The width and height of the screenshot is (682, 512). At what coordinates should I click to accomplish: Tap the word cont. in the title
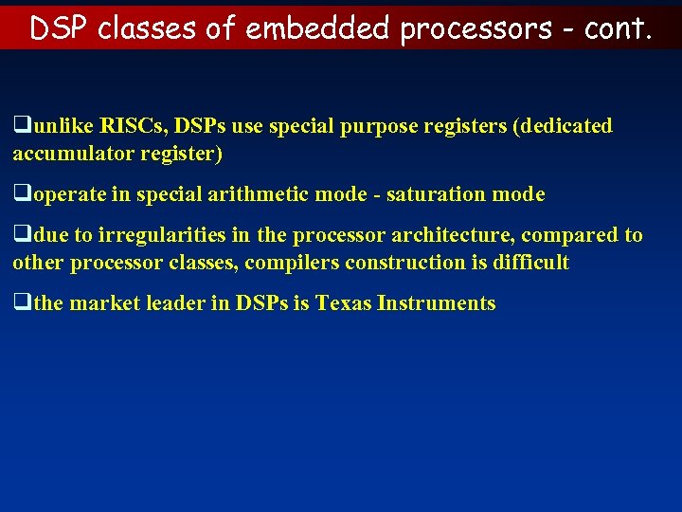[618, 28]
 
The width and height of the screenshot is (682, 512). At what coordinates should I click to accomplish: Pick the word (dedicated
[563, 126]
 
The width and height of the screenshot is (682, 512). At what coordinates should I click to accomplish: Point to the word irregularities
[158, 235]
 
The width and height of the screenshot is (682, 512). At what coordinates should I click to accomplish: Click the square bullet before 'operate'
[20, 195]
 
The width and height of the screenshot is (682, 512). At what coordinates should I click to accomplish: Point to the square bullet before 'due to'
[20, 235]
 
